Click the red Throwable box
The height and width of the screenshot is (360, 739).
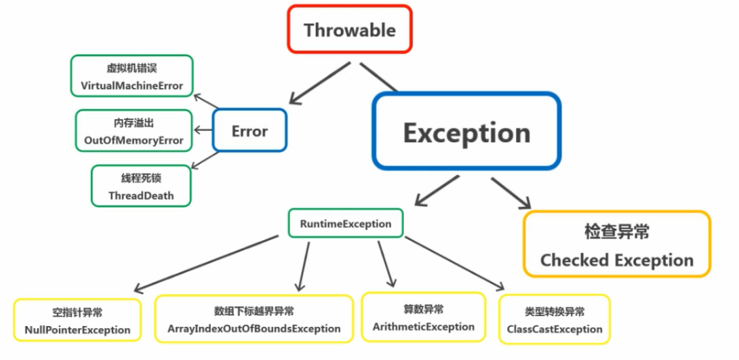tap(349, 30)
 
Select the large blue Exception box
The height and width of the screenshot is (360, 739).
tap(466, 132)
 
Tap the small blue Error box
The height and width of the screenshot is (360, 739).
tap(249, 131)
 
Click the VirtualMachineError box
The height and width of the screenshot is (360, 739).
tap(132, 77)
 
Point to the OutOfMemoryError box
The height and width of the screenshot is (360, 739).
tap(134, 132)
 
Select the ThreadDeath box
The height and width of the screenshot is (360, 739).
tap(141, 186)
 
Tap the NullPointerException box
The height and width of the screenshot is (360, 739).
tap(77, 321)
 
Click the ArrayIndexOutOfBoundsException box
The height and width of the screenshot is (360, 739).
tap(254, 319)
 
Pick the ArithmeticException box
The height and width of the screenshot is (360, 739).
tap(423, 317)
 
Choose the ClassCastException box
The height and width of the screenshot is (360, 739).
tap(554, 320)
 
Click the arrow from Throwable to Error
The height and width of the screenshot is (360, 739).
tap(319, 83)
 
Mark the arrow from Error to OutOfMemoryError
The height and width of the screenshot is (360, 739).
tap(203, 130)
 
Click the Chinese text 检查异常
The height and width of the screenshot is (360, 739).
tap(616, 231)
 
